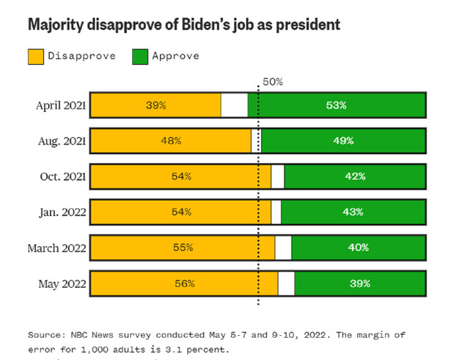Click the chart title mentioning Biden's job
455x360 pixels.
click(184, 25)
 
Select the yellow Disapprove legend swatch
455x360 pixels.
click(37, 56)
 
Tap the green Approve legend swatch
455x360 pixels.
click(140, 56)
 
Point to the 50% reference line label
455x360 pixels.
click(272, 82)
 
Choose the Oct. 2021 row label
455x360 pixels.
click(63, 176)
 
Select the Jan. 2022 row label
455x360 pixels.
click(62, 212)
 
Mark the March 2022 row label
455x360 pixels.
click(56, 248)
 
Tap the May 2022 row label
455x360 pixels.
click(61, 284)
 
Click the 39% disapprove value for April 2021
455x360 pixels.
click(155, 105)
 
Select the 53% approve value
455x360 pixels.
click(336, 105)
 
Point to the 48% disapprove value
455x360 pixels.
click(171, 141)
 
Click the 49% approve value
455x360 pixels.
click(343, 141)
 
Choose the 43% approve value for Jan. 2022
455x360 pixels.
click(353, 212)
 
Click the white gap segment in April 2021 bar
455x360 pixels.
click(234, 105)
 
